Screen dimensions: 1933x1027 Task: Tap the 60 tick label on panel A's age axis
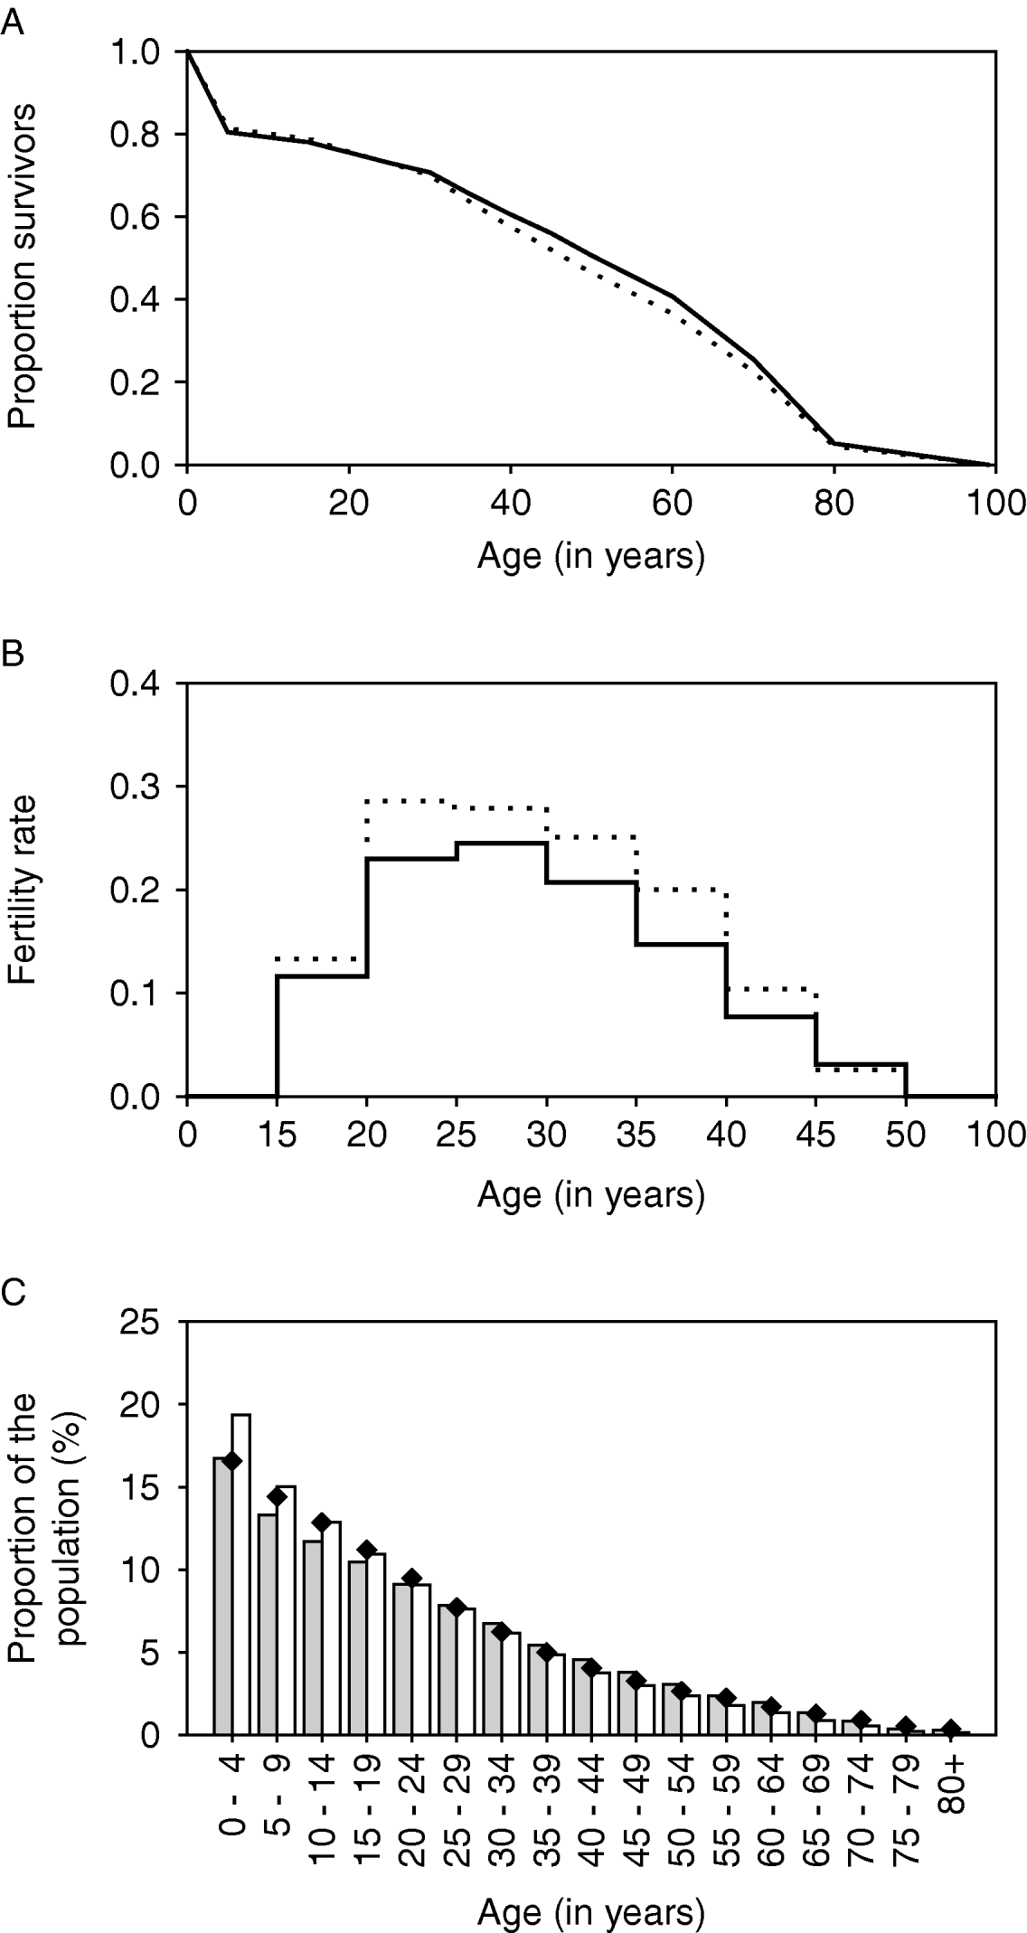tap(672, 503)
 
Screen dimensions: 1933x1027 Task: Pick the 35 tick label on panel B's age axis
tap(636, 1135)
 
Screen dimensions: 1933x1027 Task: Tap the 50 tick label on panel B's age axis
tap(906, 1135)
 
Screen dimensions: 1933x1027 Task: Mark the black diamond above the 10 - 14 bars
tap(322, 1522)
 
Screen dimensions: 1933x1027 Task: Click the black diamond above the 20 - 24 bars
tap(412, 1579)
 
